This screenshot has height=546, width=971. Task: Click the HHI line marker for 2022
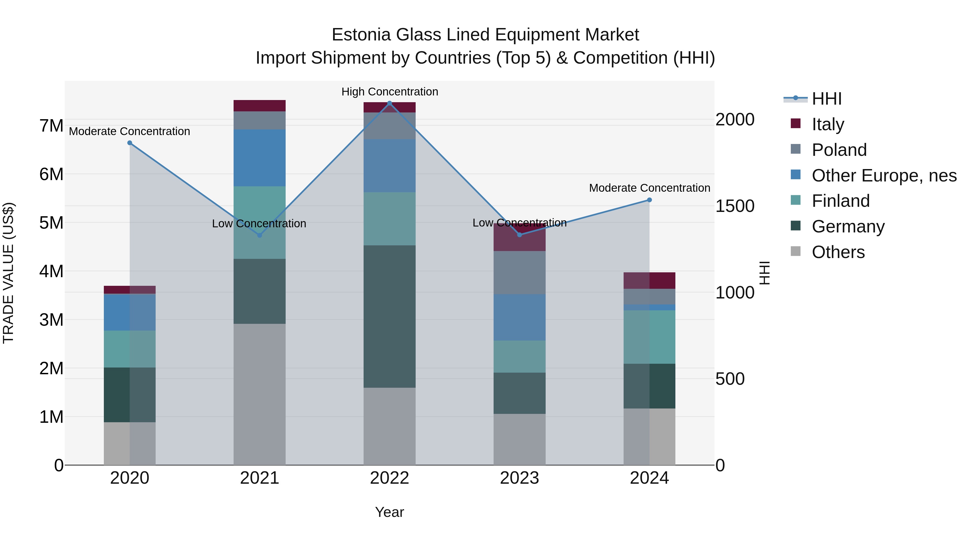[389, 103]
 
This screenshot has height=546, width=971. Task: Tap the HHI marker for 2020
[130, 143]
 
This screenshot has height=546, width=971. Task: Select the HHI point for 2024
[649, 200]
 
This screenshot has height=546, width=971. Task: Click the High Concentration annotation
[389, 92]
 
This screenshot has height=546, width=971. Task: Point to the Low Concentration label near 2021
[259, 224]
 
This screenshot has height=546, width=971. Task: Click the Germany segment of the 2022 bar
[389, 317]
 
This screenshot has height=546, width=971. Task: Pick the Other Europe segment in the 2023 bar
[519, 317]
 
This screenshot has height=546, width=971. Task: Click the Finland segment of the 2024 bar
[649, 337]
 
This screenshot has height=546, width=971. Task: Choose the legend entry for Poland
[839, 150]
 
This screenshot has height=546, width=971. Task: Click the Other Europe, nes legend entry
[884, 176]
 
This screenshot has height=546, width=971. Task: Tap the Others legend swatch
[795, 251]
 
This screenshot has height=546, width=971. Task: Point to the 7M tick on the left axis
[51, 126]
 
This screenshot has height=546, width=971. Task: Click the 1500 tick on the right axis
[735, 206]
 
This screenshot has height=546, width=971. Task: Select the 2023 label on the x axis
[519, 478]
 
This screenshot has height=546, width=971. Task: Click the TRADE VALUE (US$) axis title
[8, 273]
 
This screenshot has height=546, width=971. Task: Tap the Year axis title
[389, 512]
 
